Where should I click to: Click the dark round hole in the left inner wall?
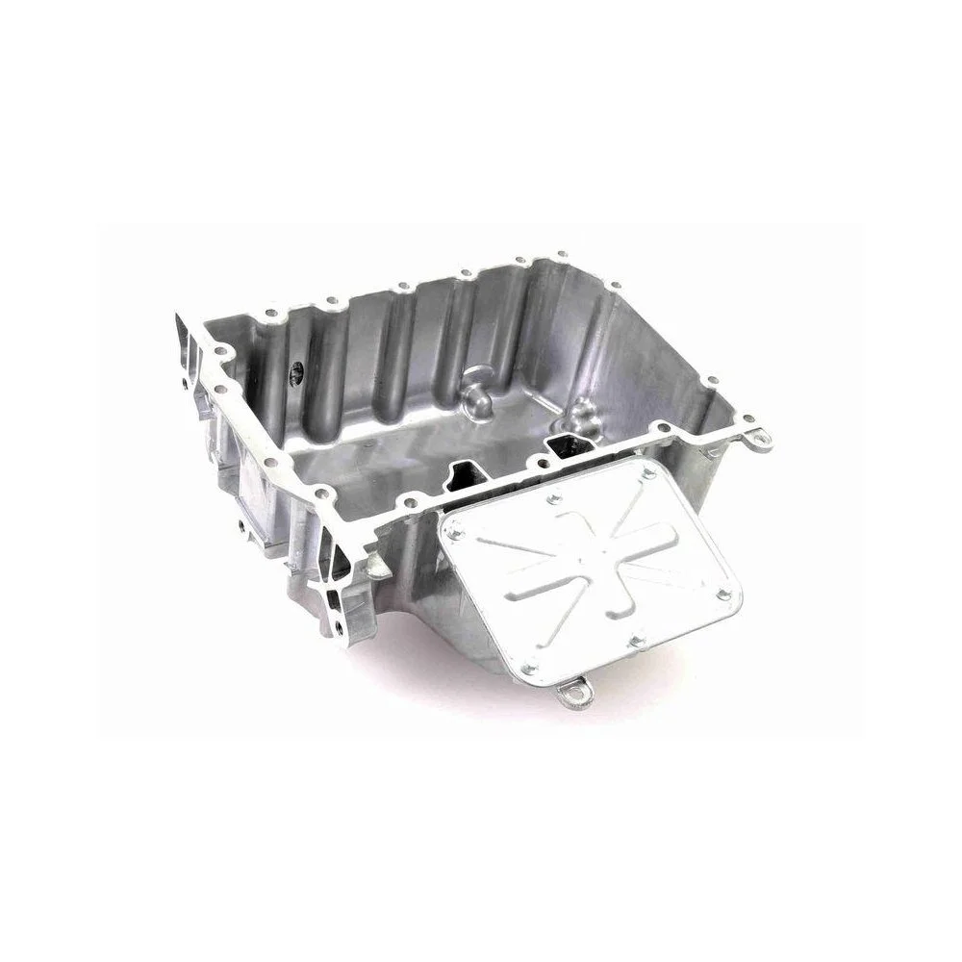(x=296, y=368)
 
